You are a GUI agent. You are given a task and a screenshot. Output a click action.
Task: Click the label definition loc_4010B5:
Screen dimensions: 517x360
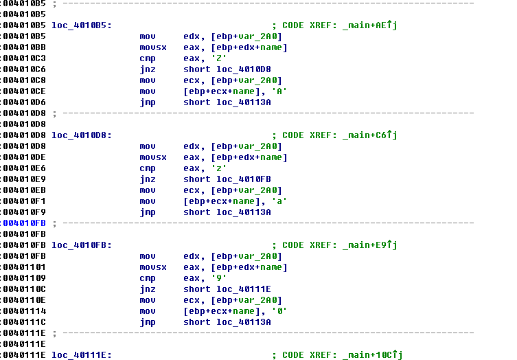82,25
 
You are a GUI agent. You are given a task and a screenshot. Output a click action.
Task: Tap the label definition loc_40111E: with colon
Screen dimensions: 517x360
82,355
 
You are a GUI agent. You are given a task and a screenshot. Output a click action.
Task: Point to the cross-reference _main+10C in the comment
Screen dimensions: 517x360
371,355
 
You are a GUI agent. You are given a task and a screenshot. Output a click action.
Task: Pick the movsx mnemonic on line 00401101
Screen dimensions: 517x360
152,267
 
